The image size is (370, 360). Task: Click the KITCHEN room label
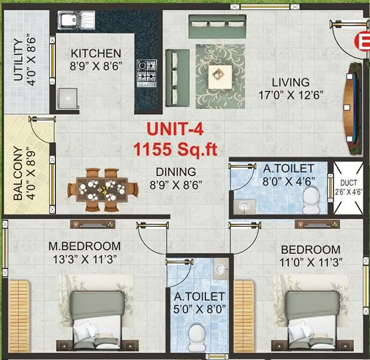click(96, 53)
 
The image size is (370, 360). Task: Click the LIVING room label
click(291, 82)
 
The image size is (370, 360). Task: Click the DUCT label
click(349, 182)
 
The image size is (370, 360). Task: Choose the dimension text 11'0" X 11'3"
click(311, 262)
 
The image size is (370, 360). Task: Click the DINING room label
click(176, 171)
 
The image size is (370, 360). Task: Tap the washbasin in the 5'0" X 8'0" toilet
click(220, 270)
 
